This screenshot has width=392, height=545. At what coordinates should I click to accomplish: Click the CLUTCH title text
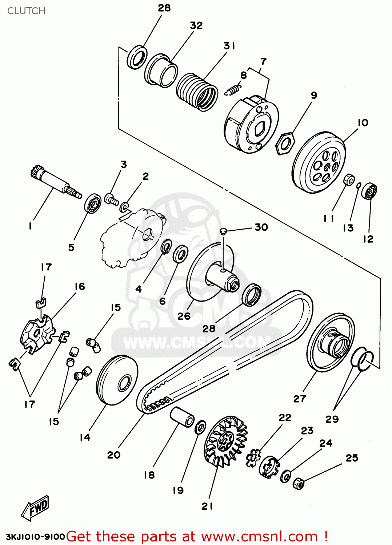click(26, 11)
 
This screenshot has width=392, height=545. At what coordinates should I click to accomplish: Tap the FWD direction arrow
click(35, 507)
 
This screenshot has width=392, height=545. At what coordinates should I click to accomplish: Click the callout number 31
click(229, 46)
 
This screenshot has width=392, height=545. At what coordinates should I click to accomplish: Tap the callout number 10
click(363, 123)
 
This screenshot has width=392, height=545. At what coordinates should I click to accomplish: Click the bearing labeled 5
click(93, 203)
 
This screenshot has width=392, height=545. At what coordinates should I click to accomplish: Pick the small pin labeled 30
click(224, 231)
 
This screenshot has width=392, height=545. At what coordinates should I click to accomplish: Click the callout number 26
click(184, 316)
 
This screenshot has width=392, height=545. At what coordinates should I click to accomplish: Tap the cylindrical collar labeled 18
click(182, 417)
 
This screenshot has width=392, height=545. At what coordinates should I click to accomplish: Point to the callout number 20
click(113, 455)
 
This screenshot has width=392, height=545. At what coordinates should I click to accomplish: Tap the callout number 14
click(85, 437)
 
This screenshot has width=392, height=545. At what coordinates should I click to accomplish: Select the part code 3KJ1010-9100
click(35, 537)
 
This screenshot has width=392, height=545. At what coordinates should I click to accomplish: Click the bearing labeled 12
click(369, 191)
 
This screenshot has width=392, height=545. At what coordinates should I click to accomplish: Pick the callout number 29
click(332, 419)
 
